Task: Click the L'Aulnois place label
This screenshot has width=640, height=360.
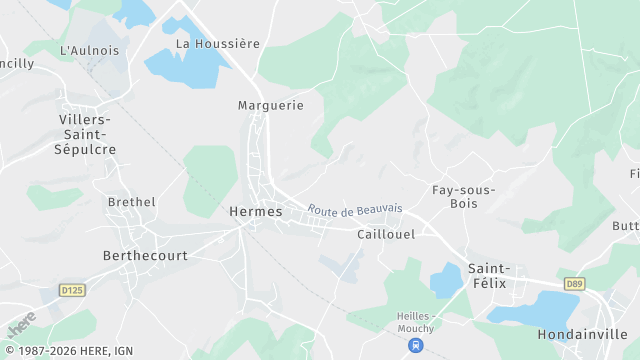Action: point(90,50)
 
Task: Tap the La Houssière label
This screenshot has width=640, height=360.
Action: point(218,44)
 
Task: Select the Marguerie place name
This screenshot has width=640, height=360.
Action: point(270,105)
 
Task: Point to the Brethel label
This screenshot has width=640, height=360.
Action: point(132,202)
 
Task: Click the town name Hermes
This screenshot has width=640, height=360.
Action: point(256,212)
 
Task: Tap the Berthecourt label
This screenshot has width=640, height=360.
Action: point(146,255)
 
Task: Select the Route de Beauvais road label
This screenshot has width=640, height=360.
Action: point(355,210)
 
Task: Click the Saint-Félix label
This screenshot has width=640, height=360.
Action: point(489,275)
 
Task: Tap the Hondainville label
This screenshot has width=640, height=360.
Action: point(581,333)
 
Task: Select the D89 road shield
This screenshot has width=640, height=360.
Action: point(573,284)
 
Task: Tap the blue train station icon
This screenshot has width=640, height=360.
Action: point(415,345)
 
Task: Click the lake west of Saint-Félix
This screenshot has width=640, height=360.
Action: point(446,280)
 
